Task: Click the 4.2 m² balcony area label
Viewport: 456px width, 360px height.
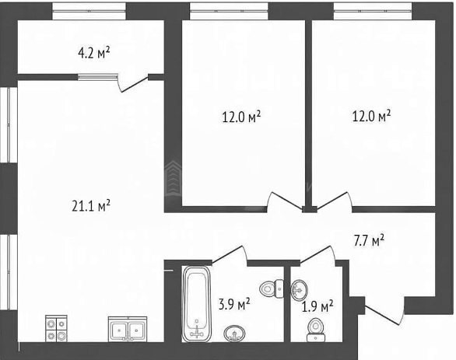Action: [x=94, y=53]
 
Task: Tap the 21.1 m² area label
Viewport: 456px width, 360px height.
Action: [x=91, y=205]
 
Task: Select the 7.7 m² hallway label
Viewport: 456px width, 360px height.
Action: [x=369, y=241]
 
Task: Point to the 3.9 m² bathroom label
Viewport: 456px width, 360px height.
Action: [x=234, y=304]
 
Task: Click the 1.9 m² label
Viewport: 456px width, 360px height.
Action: [x=317, y=306]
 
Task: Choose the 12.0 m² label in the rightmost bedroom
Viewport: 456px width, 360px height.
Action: [x=371, y=116]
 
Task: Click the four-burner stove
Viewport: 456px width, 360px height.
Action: [x=56, y=328]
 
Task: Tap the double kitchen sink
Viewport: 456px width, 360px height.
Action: [x=128, y=329]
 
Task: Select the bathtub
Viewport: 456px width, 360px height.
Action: [x=197, y=304]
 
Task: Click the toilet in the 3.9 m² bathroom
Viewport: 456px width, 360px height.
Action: [x=272, y=288]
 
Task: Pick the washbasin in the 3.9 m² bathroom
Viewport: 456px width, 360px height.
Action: [x=235, y=334]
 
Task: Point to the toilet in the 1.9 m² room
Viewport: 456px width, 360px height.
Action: [x=315, y=330]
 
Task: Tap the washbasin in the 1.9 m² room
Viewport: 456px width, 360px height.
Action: [x=300, y=290]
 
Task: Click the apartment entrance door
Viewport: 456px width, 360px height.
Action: [x=384, y=315]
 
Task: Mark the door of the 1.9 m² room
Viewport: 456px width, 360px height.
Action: [x=317, y=254]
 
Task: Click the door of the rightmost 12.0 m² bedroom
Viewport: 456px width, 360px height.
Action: [x=334, y=200]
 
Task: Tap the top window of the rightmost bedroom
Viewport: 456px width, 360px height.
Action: [x=373, y=12]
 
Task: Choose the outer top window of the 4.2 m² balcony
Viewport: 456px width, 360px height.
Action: [x=89, y=12]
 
